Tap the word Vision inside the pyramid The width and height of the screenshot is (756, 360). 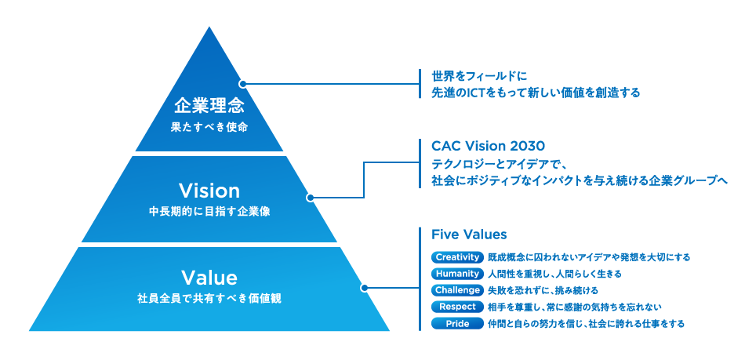(209, 191)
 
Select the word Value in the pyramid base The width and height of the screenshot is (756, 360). (209, 278)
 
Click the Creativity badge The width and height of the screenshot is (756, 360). (457, 257)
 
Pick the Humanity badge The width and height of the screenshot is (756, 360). (457, 274)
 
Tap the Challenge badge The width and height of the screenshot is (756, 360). (457, 290)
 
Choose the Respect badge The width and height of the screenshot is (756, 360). (457, 307)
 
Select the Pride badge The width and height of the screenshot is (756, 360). (457, 323)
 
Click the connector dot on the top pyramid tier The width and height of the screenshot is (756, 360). (242, 84)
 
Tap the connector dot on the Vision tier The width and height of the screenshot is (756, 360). (310, 198)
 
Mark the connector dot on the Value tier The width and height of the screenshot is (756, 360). (364, 288)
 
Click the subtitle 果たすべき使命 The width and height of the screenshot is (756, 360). (209, 128)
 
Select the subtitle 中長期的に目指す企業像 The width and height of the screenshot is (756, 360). (209, 212)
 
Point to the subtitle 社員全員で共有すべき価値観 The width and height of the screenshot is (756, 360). (209, 300)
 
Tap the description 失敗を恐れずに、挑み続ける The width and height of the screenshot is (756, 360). (543, 290)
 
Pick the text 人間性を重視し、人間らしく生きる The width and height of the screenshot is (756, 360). (554, 274)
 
